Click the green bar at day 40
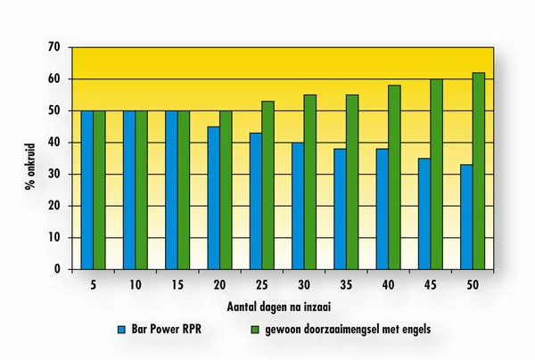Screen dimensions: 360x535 coord(394,177)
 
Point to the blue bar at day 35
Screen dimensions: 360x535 coord(340,209)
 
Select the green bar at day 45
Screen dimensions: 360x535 coord(437,174)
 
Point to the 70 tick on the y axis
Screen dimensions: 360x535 coord(55,47)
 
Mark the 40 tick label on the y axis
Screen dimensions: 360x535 coord(55,143)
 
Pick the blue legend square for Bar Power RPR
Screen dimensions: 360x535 coord(122,329)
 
